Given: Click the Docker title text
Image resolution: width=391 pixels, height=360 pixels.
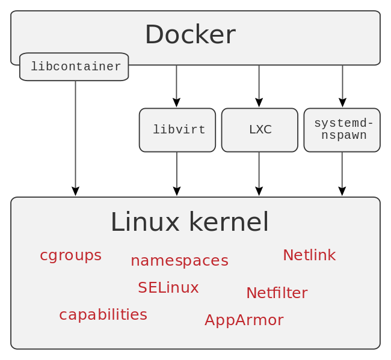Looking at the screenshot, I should point(190,35).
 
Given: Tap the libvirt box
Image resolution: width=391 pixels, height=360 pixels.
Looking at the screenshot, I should point(177,130).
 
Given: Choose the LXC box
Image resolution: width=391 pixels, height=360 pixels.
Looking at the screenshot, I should point(260,130).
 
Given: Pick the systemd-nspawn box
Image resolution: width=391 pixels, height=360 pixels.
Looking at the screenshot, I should point(342,130).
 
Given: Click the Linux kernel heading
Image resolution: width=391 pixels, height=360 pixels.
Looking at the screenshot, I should point(189,222).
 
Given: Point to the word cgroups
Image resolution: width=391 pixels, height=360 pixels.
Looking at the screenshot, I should point(70,255).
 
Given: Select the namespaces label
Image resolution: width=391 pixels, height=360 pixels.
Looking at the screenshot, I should point(179,261).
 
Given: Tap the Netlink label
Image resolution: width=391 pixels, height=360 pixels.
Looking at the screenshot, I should point(309,255).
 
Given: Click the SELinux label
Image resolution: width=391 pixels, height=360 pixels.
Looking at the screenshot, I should point(168,288).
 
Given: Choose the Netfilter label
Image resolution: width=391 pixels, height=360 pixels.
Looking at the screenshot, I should point(277,293).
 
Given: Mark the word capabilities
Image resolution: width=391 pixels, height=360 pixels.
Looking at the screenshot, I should point(103,315).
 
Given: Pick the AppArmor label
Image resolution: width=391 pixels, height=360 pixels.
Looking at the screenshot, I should point(244,320).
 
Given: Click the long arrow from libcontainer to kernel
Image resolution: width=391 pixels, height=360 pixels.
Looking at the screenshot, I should point(75,138).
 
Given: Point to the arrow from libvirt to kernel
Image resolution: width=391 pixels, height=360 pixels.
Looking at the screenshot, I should point(177,174).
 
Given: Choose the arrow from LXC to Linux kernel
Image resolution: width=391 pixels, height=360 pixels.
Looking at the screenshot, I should point(259,174).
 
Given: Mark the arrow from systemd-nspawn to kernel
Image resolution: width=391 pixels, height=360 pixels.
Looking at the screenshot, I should point(342,174).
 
